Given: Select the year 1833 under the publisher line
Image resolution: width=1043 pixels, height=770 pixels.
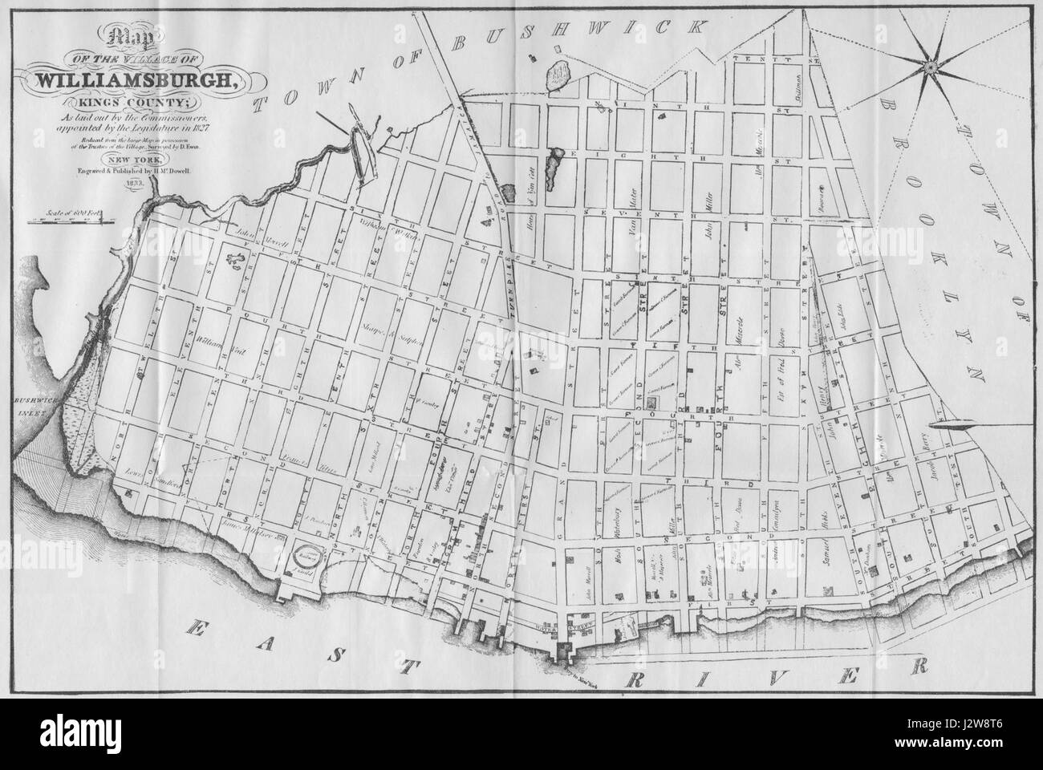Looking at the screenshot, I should point(132,184).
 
